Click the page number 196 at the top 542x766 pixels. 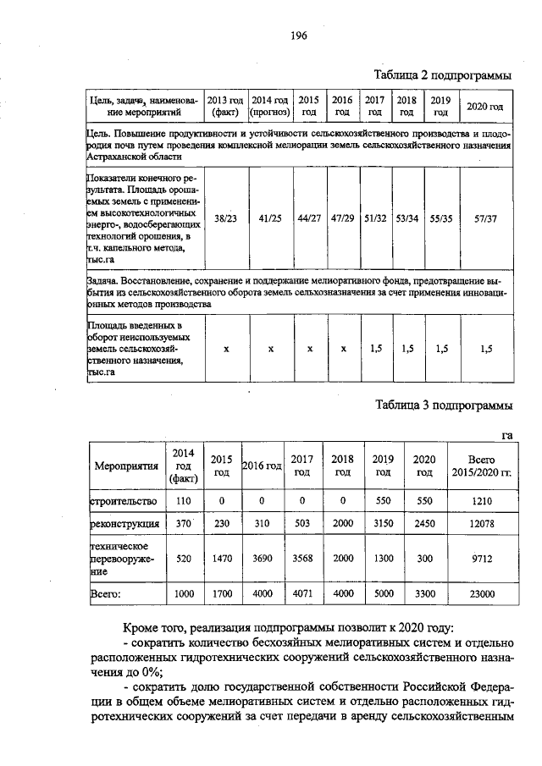click(297, 36)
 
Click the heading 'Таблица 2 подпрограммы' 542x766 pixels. click(444, 75)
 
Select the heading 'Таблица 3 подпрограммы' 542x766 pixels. click(444, 405)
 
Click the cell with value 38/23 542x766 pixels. click(225, 218)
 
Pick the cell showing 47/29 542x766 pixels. click(343, 218)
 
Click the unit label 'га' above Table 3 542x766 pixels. click(507, 434)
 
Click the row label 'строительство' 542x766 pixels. click(123, 501)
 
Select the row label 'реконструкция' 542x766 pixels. click(124, 525)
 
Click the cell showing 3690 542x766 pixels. click(263, 559)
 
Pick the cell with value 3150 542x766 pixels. click(384, 525)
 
